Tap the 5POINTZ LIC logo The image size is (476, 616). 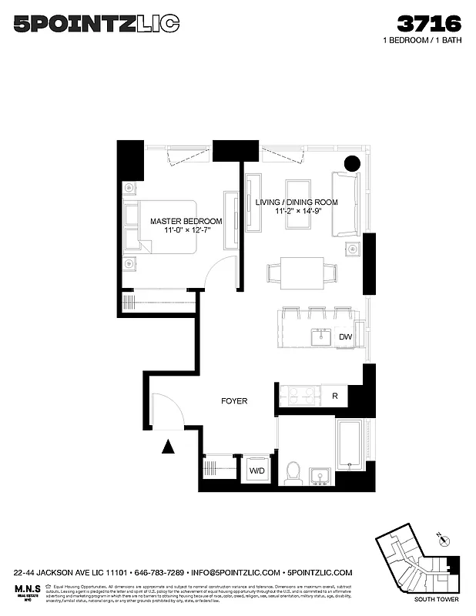click(x=97, y=24)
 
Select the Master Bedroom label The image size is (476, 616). click(x=186, y=225)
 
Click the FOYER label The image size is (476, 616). click(x=233, y=401)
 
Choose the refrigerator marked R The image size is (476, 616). click(x=334, y=396)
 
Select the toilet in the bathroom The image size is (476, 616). click(x=293, y=472)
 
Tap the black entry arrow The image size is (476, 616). click(x=169, y=447)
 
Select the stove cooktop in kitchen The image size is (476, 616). click(x=299, y=396)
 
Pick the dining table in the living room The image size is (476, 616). click(x=302, y=273)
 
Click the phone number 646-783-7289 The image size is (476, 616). click(x=158, y=573)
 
